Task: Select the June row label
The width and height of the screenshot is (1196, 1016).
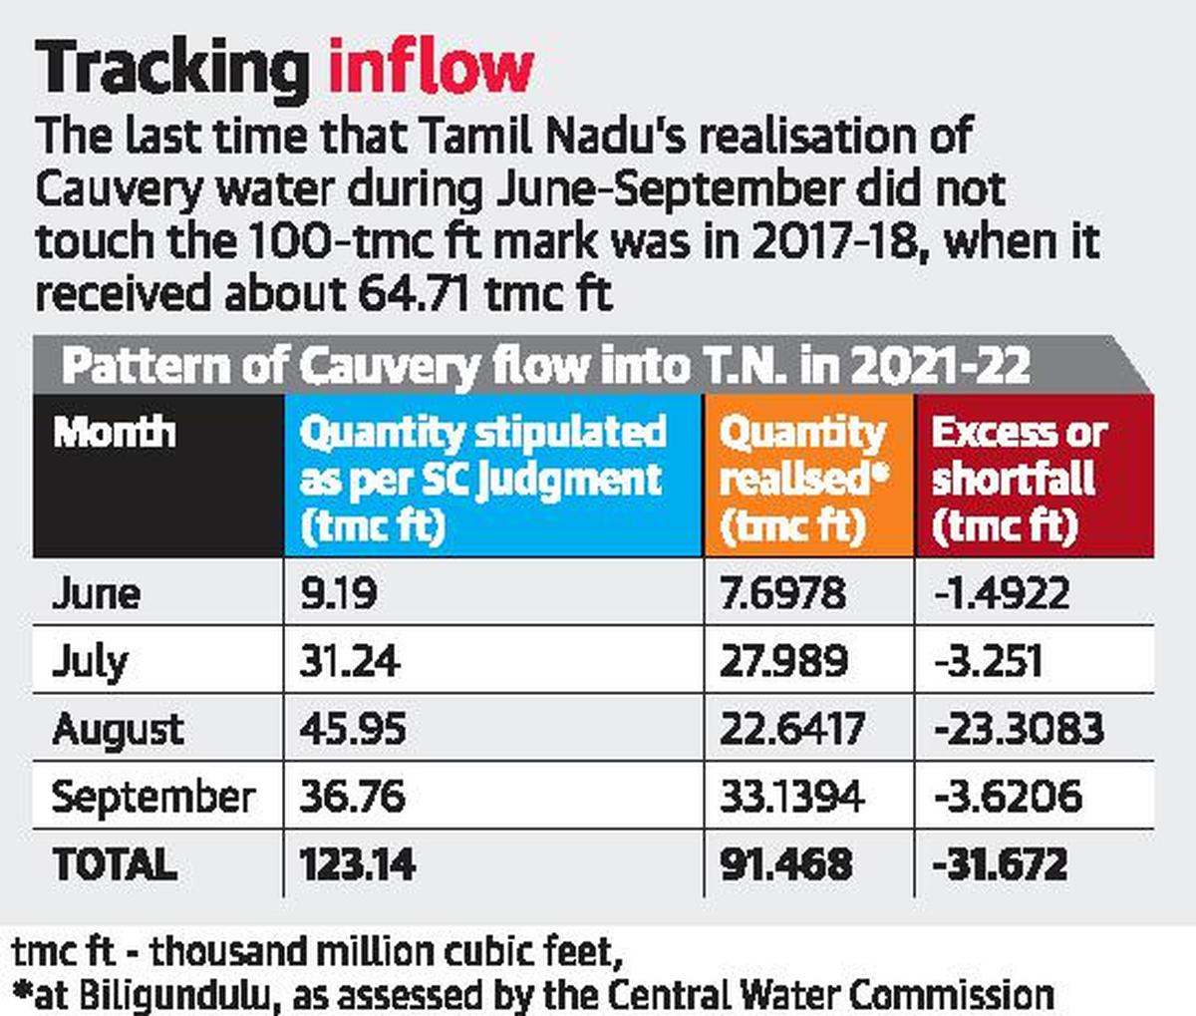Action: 96,594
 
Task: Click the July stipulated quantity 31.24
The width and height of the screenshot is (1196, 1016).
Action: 350,661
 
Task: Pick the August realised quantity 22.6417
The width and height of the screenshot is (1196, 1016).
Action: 792,729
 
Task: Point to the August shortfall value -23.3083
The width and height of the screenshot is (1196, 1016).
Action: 1019,729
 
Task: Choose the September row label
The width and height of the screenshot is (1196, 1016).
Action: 152,797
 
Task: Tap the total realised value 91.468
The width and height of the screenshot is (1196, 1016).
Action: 786,864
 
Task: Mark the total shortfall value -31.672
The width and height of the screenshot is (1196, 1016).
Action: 1000,864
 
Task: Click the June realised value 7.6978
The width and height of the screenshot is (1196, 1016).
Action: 782,594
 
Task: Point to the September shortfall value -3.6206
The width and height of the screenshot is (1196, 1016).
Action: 1008,797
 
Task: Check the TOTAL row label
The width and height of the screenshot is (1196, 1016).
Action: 115,864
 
